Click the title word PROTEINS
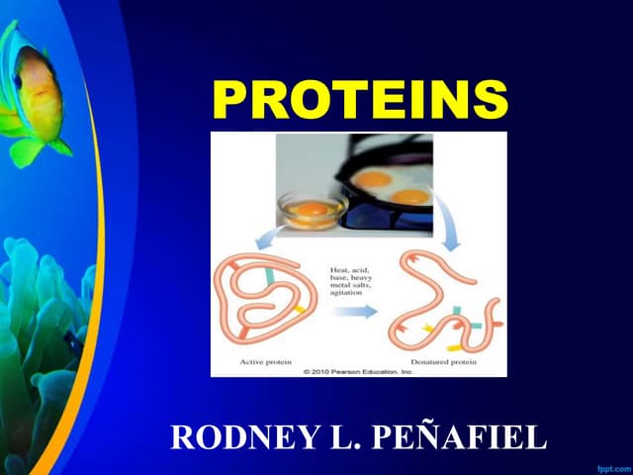(360, 99)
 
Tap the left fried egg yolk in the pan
(374, 180)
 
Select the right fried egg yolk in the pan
(410, 195)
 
